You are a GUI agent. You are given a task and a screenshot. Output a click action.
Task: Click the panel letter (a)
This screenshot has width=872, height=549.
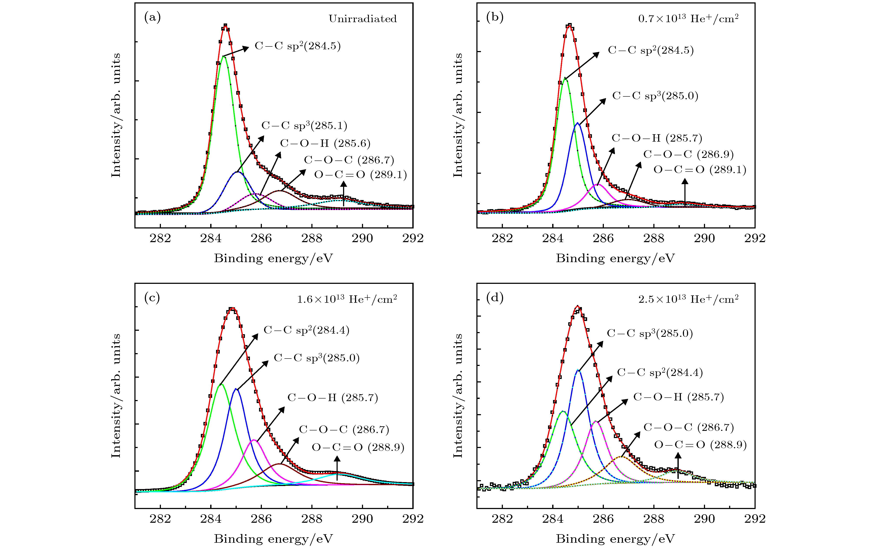152,17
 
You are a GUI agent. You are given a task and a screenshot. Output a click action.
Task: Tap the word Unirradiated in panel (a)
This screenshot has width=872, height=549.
362,19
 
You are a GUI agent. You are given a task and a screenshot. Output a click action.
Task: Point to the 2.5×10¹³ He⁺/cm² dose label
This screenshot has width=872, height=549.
688,299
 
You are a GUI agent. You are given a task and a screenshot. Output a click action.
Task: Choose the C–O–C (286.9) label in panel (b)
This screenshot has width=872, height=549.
688,154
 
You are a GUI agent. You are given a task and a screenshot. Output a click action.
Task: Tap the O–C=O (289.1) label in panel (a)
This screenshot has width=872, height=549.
360,175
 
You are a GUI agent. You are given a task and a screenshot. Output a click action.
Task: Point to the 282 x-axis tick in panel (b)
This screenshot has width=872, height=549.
502,238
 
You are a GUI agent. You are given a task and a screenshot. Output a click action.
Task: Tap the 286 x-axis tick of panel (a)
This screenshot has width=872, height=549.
261,238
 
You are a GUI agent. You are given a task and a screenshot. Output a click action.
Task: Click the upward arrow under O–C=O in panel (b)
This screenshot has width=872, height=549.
684,192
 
